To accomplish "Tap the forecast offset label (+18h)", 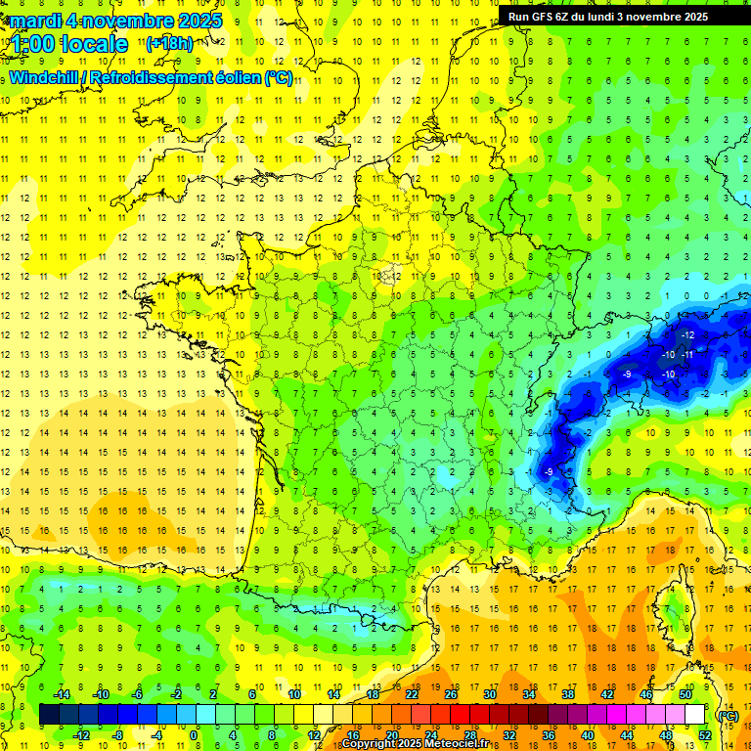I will pos(169,43).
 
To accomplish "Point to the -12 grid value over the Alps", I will pos(688,335).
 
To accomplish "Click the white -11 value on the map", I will pos(688,354).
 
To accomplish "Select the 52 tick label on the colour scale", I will pos(705,734).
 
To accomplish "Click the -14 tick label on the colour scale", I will pos(61,694).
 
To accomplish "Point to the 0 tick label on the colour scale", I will pos(194,734).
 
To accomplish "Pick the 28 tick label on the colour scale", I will pos(470,734).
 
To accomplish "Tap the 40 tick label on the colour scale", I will pos(588,734).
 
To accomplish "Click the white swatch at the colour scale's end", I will pos(695,714).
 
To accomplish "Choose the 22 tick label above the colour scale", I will pos(412,694).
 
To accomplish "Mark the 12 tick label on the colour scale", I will pos(313,734).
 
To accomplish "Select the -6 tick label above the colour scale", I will pos(138,694).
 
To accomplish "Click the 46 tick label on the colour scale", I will pos(646,694).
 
